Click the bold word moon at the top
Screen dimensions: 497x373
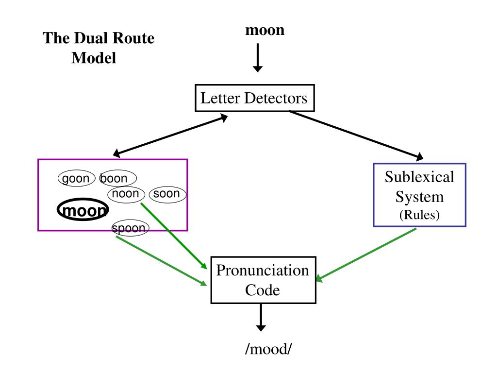coord(265,31)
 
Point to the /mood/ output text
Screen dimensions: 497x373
coord(268,349)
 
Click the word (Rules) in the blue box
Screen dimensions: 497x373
coord(419,215)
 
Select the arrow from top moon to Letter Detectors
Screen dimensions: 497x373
coord(258,58)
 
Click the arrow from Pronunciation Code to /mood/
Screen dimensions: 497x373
coord(261,318)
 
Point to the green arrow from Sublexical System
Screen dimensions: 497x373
coord(366,255)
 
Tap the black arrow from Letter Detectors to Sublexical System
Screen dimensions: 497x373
coord(356,135)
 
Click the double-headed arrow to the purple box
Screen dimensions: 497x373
coord(170,136)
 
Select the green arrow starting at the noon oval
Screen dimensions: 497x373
coord(174,236)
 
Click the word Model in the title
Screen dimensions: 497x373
coord(94,58)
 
